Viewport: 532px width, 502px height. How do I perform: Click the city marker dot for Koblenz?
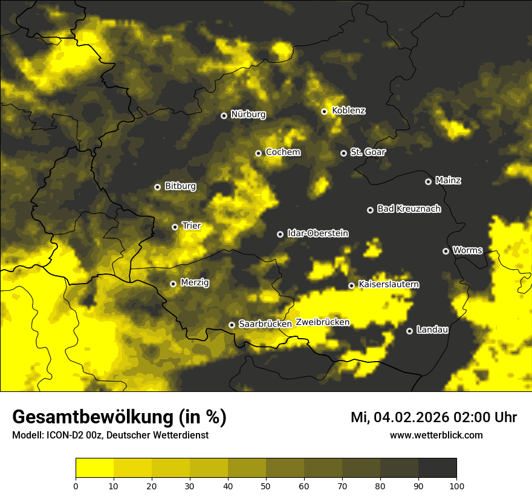pyautogui.click(x=325, y=111)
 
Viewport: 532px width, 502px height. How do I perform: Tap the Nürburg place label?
pyautogui.click(x=248, y=114)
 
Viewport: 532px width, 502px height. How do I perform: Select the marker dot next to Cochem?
pyautogui.click(x=259, y=153)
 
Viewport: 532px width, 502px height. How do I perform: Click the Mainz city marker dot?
pyautogui.click(x=429, y=181)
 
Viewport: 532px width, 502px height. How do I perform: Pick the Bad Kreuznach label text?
pyautogui.click(x=409, y=209)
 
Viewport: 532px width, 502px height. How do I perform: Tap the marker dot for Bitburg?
pyautogui.click(x=158, y=187)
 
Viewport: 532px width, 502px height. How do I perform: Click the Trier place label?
pyautogui.click(x=192, y=226)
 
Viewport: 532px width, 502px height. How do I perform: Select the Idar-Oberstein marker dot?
pyautogui.click(x=281, y=234)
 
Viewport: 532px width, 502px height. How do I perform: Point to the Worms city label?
pyautogui.click(x=467, y=250)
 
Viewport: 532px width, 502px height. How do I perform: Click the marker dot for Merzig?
pyautogui.click(x=174, y=284)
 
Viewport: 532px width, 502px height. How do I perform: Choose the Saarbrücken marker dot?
pyautogui.click(x=232, y=325)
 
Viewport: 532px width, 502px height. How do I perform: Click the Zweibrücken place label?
pyautogui.click(x=322, y=322)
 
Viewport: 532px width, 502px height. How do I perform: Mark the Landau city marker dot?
pyautogui.click(x=410, y=331)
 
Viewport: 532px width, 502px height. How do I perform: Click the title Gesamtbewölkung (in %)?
pyautogui.click(x=119, y=417)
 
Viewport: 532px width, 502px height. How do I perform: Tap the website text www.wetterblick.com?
pyautogui.click(x=436, y=435)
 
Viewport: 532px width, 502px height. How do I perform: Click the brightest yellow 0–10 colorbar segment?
pyautogui.click(x=94, y=468)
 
